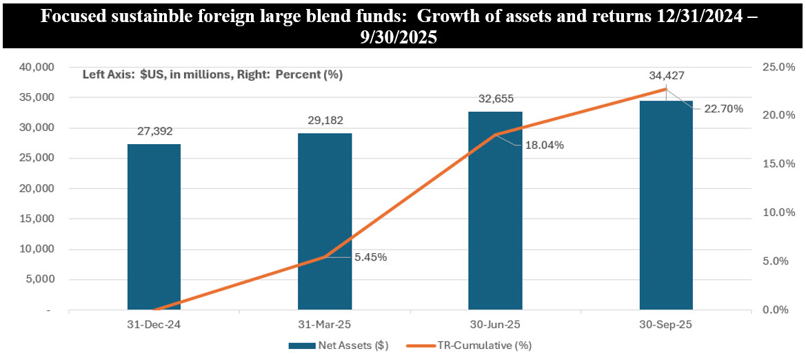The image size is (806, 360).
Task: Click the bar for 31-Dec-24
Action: (x=154, y=227)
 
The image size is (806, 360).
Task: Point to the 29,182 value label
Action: (x=325, y=120)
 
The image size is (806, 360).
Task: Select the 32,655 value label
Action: (x=495, y=99)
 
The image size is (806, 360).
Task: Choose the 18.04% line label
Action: (x=545, y=145)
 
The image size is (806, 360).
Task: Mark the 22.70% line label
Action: (x=724, y=108)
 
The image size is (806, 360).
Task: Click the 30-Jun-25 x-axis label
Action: (x=495, y=323)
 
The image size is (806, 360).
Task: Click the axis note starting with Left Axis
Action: (x=212, y=74)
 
